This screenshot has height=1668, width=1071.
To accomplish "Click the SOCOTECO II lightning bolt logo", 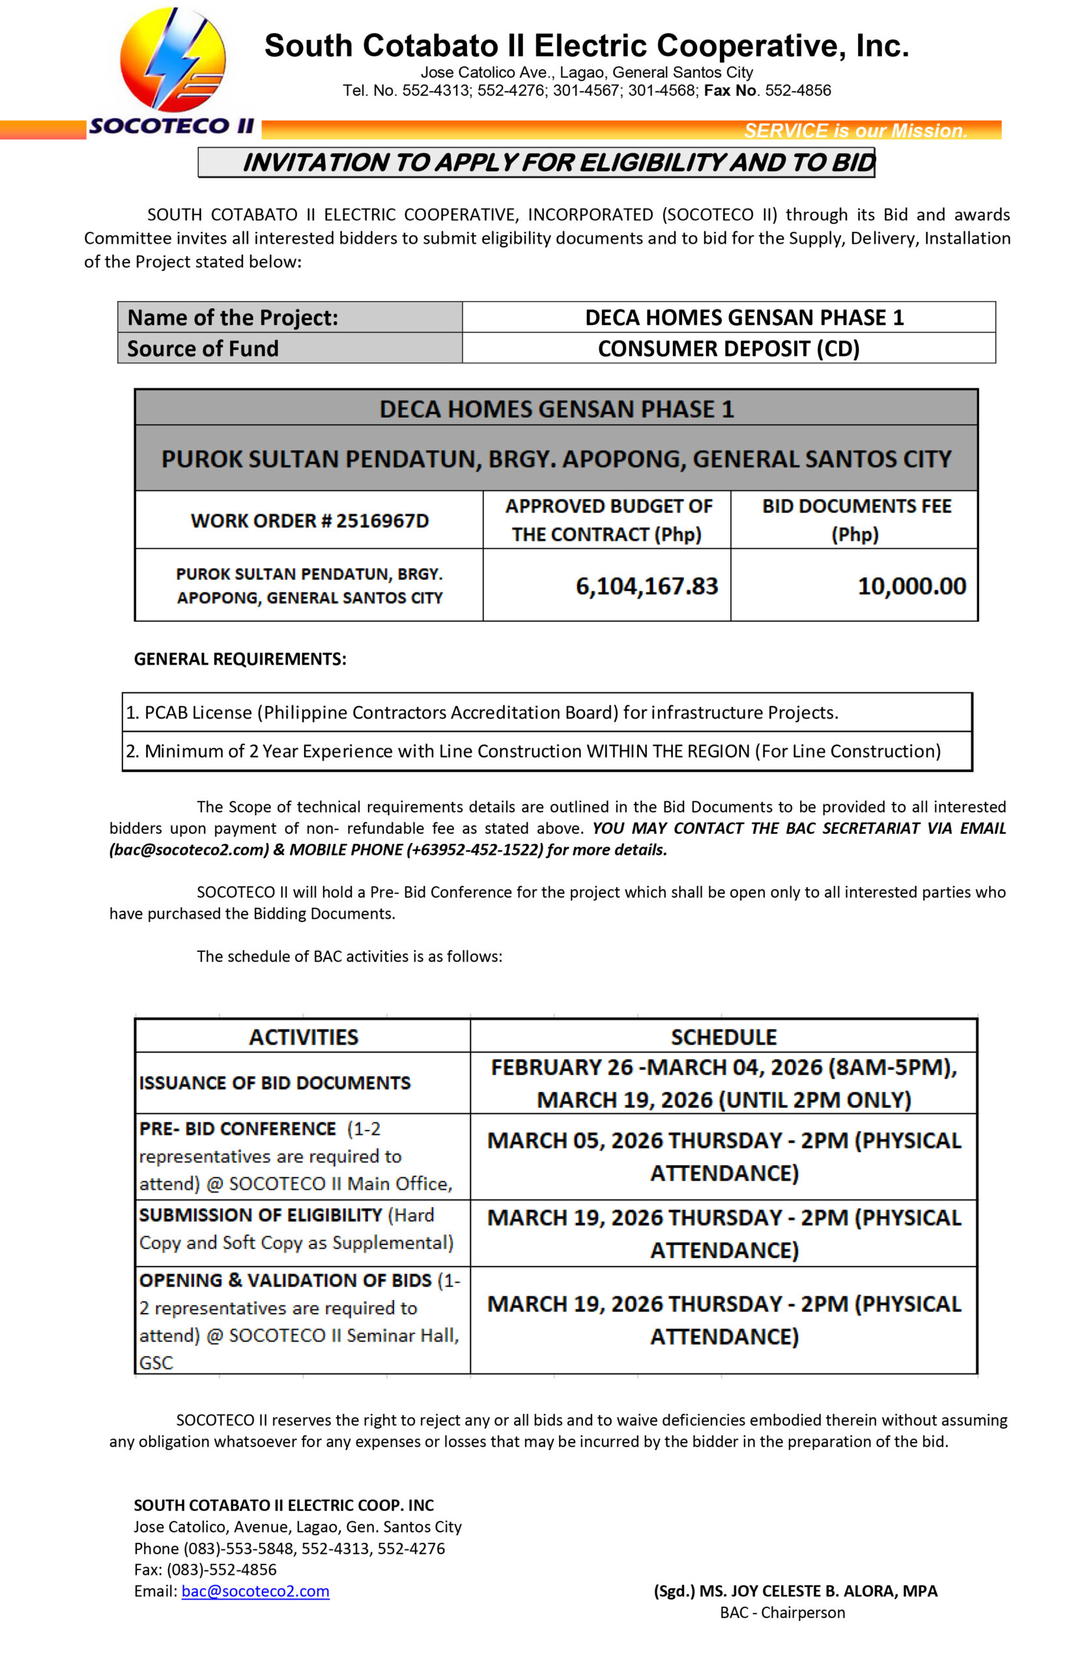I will [173, 61].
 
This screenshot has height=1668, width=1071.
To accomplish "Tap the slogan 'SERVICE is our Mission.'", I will [855, 131].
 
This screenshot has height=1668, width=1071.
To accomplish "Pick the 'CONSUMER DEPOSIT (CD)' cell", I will [728, 349].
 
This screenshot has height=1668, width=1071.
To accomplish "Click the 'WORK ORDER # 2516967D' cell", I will [309, 521].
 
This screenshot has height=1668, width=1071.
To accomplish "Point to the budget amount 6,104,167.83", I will [646, 586].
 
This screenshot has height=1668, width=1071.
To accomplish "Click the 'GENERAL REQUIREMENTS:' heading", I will [240, 659].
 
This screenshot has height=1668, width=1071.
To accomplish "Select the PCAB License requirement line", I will [481, 712].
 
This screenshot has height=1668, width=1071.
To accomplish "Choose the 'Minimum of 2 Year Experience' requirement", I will [533, 751].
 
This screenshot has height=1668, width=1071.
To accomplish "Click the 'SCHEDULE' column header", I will [723, 1037].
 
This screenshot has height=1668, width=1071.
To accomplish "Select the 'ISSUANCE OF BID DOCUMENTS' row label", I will [275, 1083].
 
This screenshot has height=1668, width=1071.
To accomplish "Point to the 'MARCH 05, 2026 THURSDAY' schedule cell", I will [723, 1156].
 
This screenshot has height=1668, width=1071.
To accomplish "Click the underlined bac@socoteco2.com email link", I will [255, 1591].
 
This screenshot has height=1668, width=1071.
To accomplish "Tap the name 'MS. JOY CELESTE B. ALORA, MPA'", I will [818, 1591].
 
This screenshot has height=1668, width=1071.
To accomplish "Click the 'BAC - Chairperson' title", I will [782, 1613].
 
